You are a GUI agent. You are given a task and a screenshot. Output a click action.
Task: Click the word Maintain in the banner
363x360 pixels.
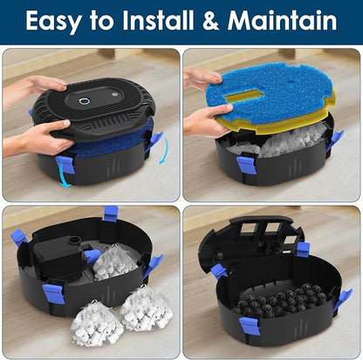[281, 20]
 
